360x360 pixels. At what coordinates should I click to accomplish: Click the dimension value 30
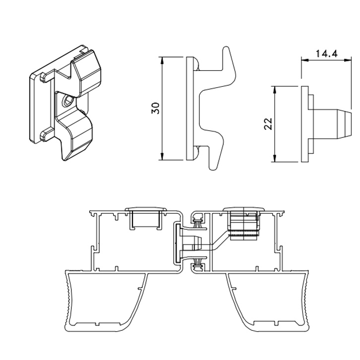[155, 108]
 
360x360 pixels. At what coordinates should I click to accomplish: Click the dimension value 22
[268, 124]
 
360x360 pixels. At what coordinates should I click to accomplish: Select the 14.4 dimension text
[326, 54]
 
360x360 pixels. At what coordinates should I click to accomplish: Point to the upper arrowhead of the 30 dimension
[162, 60]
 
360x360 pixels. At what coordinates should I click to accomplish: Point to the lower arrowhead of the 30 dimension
[162, 156]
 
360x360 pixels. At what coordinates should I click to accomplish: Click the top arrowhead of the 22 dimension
[274, 90]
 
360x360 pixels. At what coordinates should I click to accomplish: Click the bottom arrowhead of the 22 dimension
[274, 158]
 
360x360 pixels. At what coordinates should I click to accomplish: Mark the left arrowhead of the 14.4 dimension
[305, 60]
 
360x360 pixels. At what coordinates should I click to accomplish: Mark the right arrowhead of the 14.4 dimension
[348, 60]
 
